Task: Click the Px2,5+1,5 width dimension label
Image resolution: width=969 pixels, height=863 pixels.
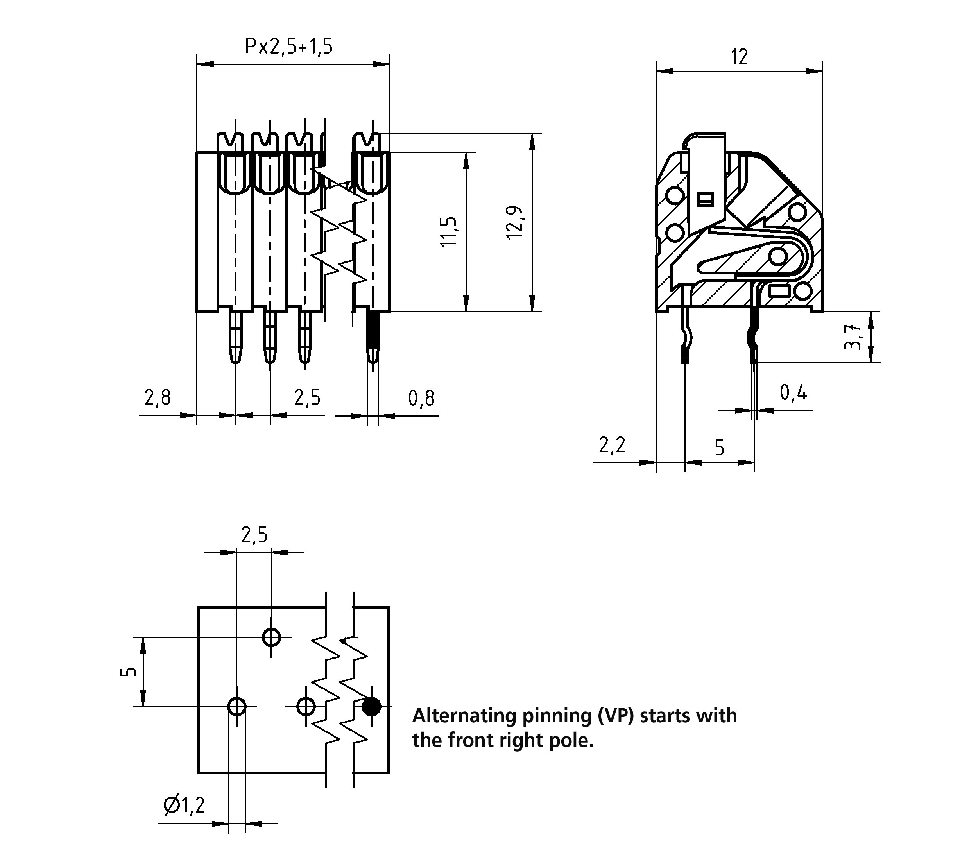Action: (x=288, y=47)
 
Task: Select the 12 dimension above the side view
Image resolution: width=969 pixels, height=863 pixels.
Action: (x=739, y=57)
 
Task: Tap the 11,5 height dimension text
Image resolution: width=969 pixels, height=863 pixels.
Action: (x=448, y=231)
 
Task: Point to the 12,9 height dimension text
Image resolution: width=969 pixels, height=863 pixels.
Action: (x=515, y=222)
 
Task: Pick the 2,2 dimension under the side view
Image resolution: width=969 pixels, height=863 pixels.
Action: (x=612, y=445)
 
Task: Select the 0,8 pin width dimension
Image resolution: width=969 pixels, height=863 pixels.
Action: (x=421, y=398)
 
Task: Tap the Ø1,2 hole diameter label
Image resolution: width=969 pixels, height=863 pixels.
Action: (x=184, y=805)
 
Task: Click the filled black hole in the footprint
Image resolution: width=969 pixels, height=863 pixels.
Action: (x=371, y=707)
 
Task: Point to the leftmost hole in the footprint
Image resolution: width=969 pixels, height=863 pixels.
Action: (x=236, y=707)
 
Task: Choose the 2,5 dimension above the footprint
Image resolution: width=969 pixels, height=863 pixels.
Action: (x=254, y=535)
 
